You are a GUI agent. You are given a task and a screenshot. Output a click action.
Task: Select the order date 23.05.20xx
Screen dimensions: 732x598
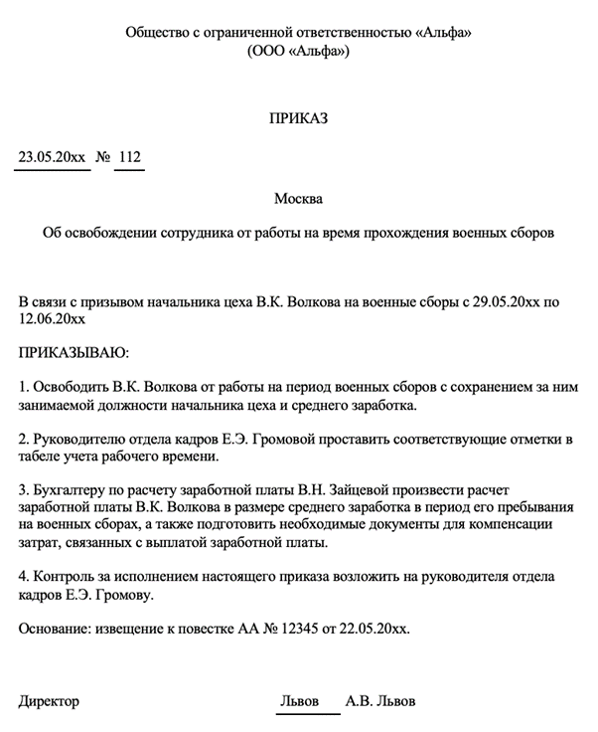point(52,157)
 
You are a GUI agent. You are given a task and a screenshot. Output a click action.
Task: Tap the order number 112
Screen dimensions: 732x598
point(129,157)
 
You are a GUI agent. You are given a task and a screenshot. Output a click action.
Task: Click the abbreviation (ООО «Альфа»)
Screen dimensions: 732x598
point(298,51)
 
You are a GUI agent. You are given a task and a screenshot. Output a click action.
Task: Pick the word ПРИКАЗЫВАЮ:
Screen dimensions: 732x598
point(75,352)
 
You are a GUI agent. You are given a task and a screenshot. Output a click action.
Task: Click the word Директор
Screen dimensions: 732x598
point(50,701)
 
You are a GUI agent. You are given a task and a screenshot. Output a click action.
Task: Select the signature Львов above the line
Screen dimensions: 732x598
point(300,701)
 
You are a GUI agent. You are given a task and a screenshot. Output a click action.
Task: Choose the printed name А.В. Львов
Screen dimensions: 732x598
point(380,701)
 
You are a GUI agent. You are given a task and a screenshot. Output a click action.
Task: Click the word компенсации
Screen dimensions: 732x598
point(532,525)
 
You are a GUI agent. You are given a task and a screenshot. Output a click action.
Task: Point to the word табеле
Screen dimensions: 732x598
point(42,457)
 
